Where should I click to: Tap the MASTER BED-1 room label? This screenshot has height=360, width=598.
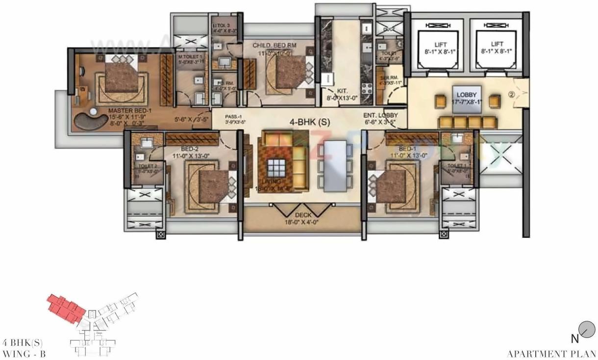(x=130, y=111)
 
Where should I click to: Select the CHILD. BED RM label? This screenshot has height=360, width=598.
(x=274, y=46)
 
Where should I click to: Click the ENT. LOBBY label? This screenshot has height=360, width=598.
(x=380, y=115)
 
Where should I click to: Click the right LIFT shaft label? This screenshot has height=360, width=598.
(x=497, y=44)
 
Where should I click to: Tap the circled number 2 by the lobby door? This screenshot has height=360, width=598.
(x=511, y=95)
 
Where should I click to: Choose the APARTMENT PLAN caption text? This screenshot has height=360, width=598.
(x=551, y=353)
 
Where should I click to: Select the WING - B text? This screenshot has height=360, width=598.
(x=25, y=353)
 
